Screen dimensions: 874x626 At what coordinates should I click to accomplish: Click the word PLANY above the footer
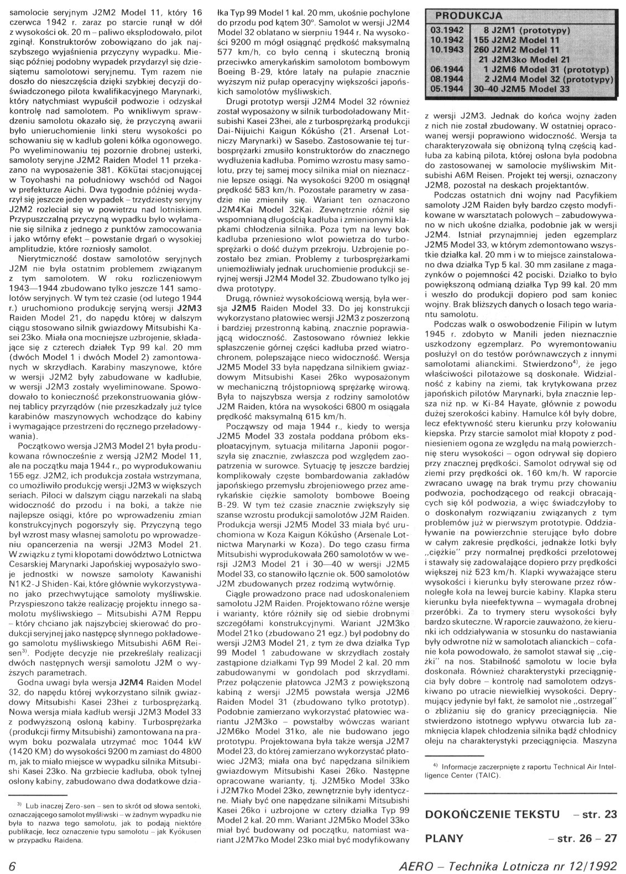tap(444, 837)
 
